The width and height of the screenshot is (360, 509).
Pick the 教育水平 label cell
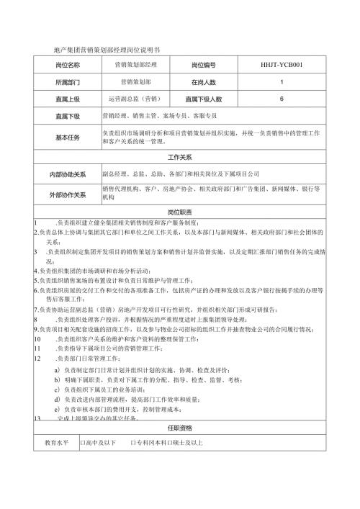pos(56,443)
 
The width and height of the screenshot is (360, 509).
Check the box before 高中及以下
pos(83,443)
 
